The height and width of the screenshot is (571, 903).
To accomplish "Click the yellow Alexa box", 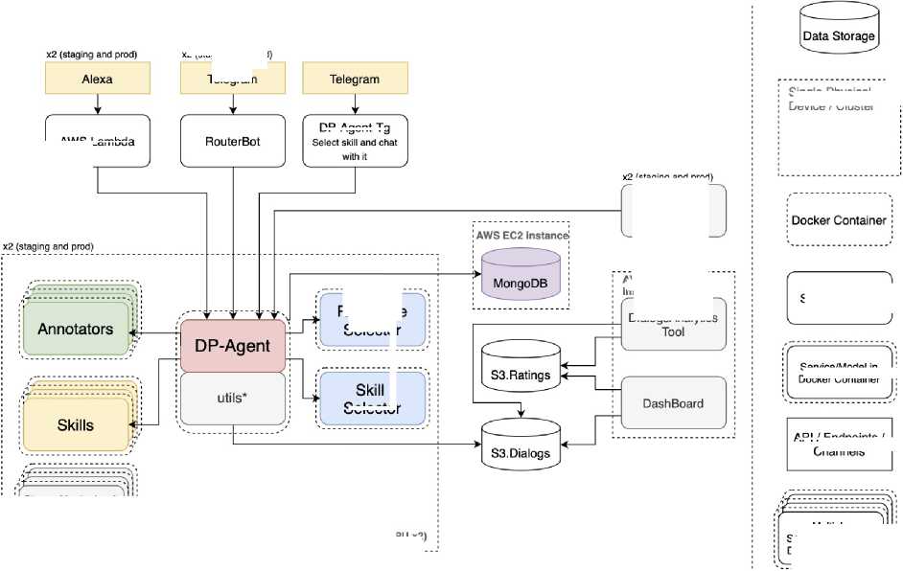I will tap(98, 79).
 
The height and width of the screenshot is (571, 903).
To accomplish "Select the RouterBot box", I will tap(233, 141).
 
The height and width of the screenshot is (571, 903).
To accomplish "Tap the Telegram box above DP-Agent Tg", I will tap(355, 79).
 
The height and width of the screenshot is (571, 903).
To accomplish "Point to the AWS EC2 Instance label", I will tap(521, 235).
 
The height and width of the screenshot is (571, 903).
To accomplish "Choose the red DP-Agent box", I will tap(233, 345).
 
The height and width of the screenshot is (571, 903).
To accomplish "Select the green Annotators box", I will tap(76, 330).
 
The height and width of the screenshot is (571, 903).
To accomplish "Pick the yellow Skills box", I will tap(76, 424).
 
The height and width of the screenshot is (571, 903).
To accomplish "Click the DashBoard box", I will tap(673, 403).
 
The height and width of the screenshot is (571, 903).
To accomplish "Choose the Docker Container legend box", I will tap(838, 220).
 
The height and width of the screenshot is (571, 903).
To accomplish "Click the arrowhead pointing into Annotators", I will tap(134, 332).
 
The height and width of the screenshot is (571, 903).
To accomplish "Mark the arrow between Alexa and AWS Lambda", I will tap(98, 104).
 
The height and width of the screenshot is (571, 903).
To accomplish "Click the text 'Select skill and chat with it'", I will tap(355, 148).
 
